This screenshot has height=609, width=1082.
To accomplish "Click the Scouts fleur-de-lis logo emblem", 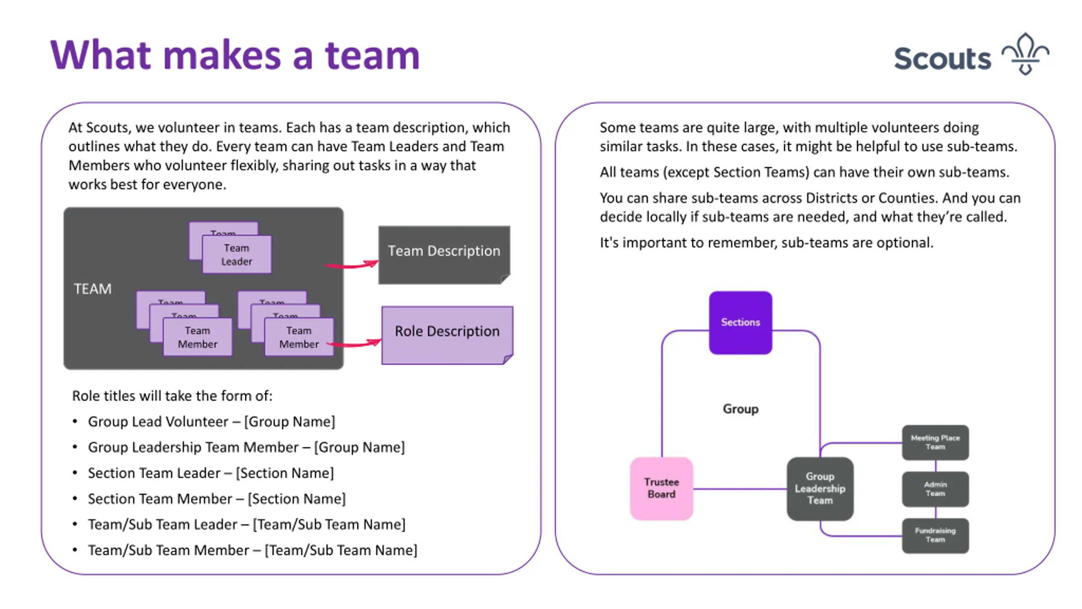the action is (1025, 54).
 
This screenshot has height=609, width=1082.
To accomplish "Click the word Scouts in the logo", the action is (942, 58).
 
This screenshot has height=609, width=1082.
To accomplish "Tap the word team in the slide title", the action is (372, 55).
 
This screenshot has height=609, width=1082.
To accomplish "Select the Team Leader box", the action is (237, 254).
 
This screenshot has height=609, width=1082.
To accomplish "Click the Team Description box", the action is (444, 255).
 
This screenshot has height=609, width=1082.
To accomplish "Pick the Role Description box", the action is (447, 335).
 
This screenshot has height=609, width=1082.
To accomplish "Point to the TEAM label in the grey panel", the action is (93, 289).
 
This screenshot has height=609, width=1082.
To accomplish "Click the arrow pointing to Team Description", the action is (351, 265).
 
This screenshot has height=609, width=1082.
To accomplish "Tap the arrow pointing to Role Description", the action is (354, 343).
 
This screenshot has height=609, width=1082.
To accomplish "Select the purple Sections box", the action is (740, 322).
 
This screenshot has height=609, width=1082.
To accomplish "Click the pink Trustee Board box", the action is (661, 488).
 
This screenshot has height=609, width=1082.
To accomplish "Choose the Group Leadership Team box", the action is (820, 488).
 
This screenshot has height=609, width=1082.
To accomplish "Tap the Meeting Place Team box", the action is (935, 442).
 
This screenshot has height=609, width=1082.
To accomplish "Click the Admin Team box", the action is (935, 489).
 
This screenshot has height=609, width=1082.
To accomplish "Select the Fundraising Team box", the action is (935, 535).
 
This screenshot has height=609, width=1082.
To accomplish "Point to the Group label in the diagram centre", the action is (740, 409).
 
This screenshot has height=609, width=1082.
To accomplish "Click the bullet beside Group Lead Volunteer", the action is (75, 421).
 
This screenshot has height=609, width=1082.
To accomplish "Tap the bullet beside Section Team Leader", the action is (75, 473).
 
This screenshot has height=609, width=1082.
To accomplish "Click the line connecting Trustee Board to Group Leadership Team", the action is (740, 489).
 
